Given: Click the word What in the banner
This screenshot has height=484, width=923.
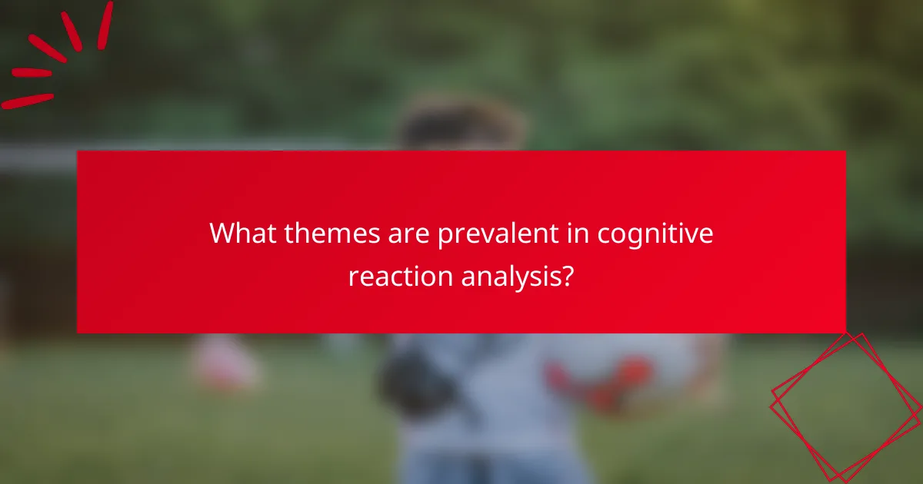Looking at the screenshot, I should (x=243, y=234).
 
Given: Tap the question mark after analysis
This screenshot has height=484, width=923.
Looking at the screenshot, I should (x=567, y=276).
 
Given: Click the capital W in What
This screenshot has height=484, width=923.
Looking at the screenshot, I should (x=223, y=234).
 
